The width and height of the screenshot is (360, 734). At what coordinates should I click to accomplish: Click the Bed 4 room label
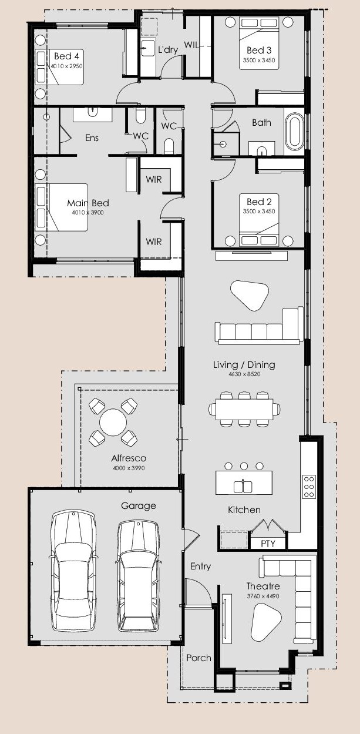[66, 56]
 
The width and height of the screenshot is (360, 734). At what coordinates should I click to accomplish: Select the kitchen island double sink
[243, 486]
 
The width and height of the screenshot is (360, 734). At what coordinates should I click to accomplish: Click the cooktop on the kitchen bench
[309, 487]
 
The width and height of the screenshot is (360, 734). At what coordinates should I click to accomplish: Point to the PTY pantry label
[268, 544]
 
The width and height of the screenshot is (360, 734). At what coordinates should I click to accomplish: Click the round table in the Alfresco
[113, 422]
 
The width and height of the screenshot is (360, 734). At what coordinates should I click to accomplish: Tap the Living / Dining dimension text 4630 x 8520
[244, 374]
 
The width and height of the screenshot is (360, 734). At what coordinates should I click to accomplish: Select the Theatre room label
[263, 586]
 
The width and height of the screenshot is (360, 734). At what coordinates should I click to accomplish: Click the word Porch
[198, 658]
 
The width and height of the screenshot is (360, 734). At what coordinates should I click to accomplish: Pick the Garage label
[138, 506]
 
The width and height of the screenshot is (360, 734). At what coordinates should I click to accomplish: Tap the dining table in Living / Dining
[244, 409]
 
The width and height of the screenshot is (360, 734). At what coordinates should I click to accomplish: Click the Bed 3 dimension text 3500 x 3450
[259, 61]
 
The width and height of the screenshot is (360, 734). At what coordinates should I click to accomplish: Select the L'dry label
[168, 50]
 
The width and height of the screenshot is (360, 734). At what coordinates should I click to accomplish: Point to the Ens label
[92, 138]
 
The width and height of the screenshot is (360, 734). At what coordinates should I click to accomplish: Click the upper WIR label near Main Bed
[154, 180]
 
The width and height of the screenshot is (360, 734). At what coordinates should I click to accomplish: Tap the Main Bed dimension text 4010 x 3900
[88, 212]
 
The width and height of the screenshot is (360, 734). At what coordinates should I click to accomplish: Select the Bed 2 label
[259, 202]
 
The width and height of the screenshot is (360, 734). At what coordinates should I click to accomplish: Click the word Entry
[200, 567]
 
